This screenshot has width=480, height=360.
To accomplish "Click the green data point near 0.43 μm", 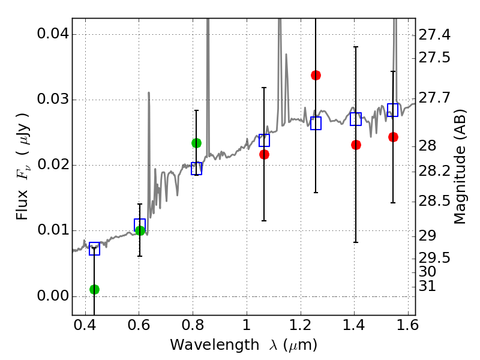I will [94, 289].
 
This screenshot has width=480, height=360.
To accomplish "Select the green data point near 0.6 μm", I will [140, 230].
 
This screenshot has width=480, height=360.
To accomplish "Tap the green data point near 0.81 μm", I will [196, 143].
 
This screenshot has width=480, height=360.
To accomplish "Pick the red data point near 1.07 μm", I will [264, 154].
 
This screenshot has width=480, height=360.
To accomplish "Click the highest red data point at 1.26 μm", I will [316, 75].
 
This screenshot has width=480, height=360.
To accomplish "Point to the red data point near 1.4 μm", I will [356, 145].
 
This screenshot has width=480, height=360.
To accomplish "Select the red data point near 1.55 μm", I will [393, 137].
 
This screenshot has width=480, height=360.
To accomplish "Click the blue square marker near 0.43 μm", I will [94, 249].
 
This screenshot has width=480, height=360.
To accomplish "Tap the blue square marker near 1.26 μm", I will [316, 123].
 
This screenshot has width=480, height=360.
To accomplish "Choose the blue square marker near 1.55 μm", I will [393, 110].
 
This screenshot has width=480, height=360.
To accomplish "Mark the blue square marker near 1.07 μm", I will [264, 140].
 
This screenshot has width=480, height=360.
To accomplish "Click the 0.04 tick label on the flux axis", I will [52, 34].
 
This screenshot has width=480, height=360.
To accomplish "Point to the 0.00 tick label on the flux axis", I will [52, 296].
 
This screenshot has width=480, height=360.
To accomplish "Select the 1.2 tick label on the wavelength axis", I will [300, 328].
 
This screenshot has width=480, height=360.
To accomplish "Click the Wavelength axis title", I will [244, 345].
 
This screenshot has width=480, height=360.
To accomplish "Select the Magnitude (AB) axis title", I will [460, 167].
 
